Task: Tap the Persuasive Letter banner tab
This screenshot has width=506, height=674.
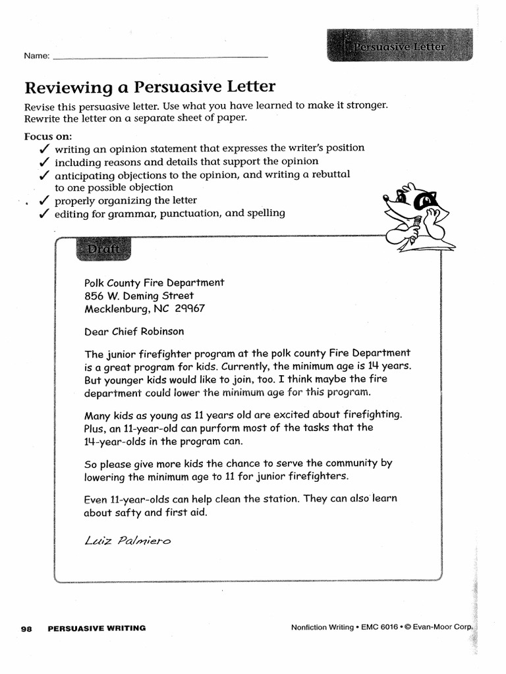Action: coord(400,47)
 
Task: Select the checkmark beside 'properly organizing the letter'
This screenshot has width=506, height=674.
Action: coord(44,200)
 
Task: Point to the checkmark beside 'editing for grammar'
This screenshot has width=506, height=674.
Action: coord(44,213)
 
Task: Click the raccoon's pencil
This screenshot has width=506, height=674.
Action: coord(413,234)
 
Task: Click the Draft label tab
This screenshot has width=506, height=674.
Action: coord(103,249)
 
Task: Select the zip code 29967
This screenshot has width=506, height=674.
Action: coord(190,309)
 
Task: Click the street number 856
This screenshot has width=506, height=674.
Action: coord(95,296)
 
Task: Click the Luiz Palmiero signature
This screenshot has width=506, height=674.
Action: coord(128,541)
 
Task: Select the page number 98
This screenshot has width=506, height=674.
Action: coord(27,629)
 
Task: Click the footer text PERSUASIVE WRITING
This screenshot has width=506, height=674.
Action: coord(97,629)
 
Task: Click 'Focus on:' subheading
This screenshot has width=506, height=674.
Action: coord(47,136)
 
